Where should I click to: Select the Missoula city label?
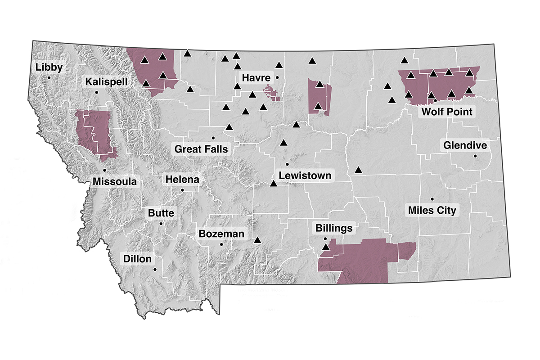(114, 181)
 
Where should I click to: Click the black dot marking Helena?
(182, 190)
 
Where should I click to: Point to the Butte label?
(161, 213)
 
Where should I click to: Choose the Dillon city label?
(137, 259)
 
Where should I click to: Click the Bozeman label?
(221, 234)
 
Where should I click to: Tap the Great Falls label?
(201, 148)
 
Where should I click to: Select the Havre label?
(256, 77)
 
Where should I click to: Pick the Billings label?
(333, 228)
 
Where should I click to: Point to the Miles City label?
(432, 210)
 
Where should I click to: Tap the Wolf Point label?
(446, 111)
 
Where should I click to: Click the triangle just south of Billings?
(326, 247)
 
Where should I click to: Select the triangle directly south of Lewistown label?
(273, 184)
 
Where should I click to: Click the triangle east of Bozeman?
(257, 240)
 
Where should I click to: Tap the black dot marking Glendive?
(475, 156)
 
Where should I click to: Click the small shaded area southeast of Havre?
(272, 94)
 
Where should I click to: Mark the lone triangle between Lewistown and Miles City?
(358, 170)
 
